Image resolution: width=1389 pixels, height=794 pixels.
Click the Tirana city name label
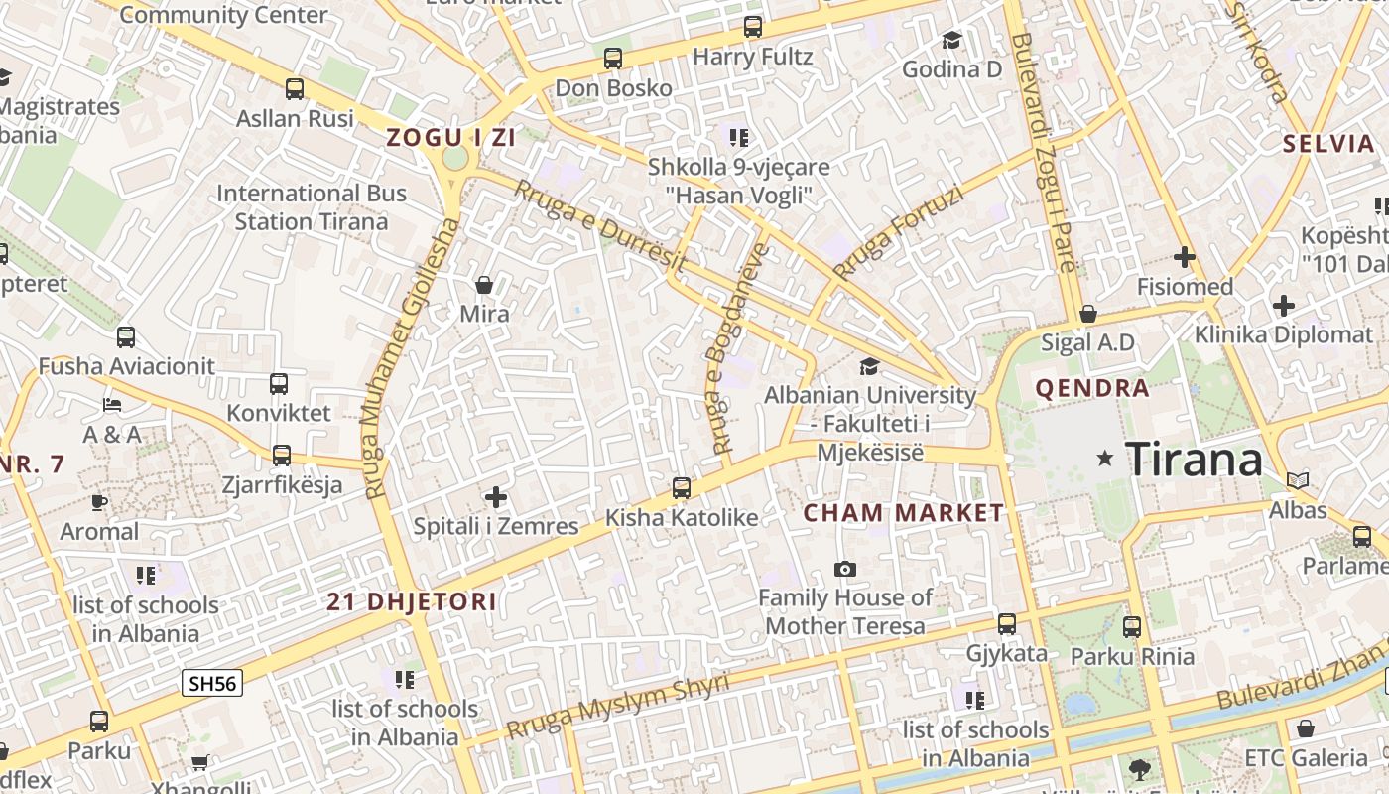point(1195,460)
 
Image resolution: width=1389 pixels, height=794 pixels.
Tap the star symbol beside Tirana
point(1104,459)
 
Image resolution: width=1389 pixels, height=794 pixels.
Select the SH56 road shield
point(213,683)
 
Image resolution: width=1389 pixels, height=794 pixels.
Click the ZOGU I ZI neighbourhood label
point(451,138)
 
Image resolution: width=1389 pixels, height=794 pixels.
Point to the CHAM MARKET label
point(903,513)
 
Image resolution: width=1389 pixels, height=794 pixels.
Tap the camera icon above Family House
point(845,569)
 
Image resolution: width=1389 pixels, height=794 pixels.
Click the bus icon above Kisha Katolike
point(682,488)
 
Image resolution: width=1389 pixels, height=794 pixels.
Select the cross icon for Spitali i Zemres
point(496,496)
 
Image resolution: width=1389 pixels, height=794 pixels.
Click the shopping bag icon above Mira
point(484,286)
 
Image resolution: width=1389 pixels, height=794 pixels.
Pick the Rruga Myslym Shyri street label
point(617,706)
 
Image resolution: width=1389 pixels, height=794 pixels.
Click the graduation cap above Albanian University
point(870,366)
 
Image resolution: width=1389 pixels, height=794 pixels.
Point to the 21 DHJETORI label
point(412,601)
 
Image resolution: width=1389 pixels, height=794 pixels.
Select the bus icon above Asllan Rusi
point(295,89)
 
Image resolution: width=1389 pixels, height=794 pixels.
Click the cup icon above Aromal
point(99,502)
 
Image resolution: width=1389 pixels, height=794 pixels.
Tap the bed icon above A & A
point(112,405)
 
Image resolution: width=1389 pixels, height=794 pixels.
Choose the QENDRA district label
point(1092,388)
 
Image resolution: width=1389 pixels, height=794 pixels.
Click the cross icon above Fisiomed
point(1184,257)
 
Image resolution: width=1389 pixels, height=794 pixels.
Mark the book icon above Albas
point(1298,481)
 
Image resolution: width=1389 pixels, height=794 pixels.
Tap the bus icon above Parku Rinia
point(1132,627)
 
